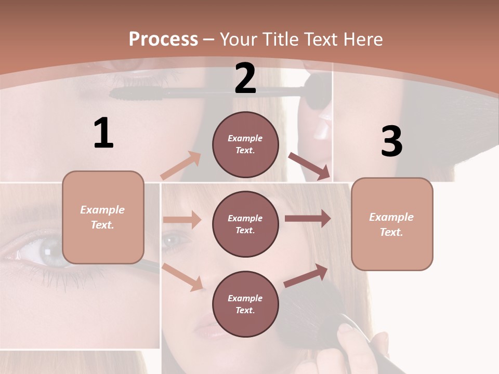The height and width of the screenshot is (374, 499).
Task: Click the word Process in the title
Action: [163, 39]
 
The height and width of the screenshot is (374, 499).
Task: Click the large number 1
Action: [103, 133]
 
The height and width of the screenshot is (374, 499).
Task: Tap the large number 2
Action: [245, 78]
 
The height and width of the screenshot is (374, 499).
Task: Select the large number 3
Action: [391, 141]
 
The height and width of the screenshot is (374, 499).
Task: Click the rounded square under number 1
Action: [103, 217]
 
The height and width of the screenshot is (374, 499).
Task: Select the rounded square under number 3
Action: [392, 224]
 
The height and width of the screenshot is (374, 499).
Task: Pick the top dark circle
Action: [245, 144]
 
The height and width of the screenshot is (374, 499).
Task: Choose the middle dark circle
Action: [245, 224]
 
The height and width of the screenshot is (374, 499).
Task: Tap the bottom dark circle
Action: [245, 304]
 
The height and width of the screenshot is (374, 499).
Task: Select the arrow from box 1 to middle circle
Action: [182, 220]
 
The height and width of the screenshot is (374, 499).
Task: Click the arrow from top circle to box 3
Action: [309, 166]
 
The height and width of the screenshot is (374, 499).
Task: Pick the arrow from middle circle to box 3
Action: [307, 219]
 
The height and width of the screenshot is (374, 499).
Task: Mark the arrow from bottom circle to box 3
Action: [306, 275]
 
